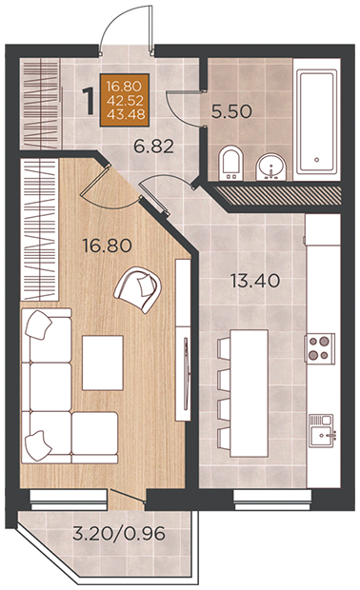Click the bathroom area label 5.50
(x=231, y=111)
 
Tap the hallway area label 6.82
(x=154, y=146)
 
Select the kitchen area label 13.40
(x=255, y=281)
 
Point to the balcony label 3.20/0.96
(x=119, y=533)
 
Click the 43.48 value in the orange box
(x=125, y=114)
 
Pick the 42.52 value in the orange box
(x=125, y=100)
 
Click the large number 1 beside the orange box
(x=89, y=101)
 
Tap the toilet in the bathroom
(x=230, y=164)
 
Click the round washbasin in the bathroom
(x=271, y=167)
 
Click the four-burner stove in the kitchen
(x=320, y=348)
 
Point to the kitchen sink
(x=322, y=430)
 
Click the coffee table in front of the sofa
(x=103, y=363)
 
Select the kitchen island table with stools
(x=244, y=394)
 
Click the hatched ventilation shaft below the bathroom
(x=278, y=195)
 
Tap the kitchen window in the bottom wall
(x=272, y=500)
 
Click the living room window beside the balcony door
(x=69, y=500)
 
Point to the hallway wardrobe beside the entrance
(x=40, y=104)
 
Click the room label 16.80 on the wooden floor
(x=108, y=246)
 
